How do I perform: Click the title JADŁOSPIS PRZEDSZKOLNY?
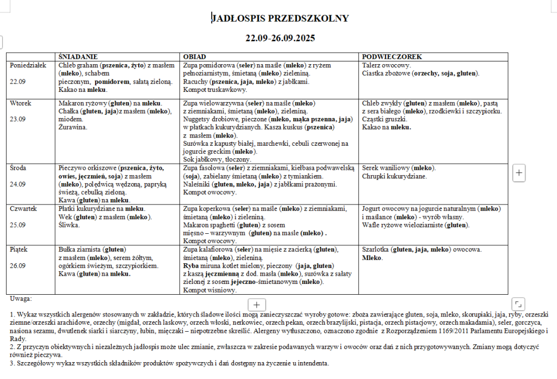tap(280, 19)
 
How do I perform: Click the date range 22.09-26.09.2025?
tap(280, 39)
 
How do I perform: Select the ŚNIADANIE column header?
tap(78, 57)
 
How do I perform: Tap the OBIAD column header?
tap(194, 57)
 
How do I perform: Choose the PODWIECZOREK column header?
tap(392, 57)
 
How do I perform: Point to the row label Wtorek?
tap(21, 103)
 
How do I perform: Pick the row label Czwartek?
tap(23, 209)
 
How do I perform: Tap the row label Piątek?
tap(20, 250)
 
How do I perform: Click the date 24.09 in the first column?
tap(18, 184)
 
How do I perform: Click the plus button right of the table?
tap(519, 173)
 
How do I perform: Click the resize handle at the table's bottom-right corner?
tap(518, 303)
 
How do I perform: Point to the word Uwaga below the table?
tap(21, 299)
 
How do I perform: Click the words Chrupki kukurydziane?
tap(394, 176)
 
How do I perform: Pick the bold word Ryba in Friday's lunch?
tap(191, 266)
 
